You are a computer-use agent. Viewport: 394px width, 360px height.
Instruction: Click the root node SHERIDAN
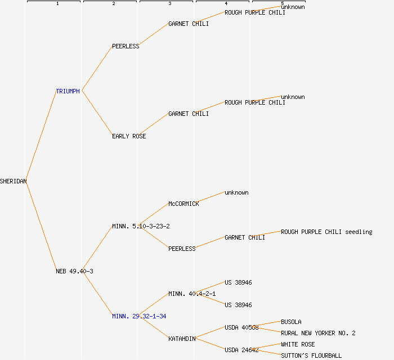(x=14, y=181)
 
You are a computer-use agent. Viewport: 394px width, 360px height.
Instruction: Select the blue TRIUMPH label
(x=68, y=91)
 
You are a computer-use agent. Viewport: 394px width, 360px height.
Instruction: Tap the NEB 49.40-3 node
(x=74, y=271)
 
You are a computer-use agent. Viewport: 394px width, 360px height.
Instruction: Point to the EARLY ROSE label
(x=129, y=136)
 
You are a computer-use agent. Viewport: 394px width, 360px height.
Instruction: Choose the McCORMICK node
(x=183, y=204)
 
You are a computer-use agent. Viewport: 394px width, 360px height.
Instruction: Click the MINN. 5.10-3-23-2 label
(x=141, y=226)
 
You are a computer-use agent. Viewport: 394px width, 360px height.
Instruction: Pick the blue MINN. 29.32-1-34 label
(x=139, y=316)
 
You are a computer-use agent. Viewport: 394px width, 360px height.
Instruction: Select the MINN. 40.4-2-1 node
(x=192, y=294)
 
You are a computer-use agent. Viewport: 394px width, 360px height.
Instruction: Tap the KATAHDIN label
(x=182, y=339)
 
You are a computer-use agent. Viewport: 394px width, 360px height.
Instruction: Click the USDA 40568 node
(x=241, y=327)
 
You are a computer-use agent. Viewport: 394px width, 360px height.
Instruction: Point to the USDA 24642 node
(x=241, y=350)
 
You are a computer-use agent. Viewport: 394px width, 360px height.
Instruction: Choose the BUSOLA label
(x=291, y=322)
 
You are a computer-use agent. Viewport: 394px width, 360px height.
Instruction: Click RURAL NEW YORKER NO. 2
(x=318, y=333)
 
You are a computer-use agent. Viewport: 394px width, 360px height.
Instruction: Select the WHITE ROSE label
(x=298, y=344)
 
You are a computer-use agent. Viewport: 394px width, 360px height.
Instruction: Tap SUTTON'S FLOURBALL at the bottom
(x=311, y=355)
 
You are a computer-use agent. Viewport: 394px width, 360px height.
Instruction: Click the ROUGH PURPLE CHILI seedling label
(x=326, y=232)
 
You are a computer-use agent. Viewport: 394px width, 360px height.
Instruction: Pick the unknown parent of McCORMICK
(x=236, y=192)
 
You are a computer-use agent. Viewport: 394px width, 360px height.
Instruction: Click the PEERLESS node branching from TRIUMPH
(x=126, y=46)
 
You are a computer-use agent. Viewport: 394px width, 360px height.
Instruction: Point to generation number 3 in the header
(x=169, y=4)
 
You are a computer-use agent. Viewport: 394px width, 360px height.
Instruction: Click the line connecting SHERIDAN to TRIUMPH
(x=41, y=136)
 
